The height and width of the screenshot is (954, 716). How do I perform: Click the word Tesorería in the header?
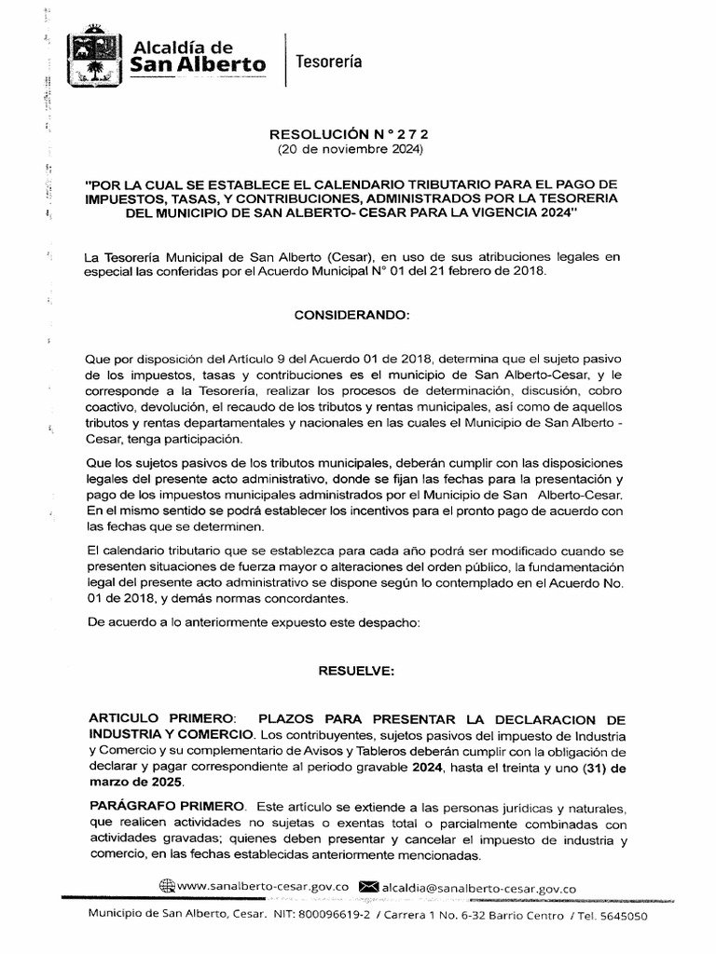(328, 62)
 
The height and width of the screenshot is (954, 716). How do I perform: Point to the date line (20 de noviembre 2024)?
(351, 150)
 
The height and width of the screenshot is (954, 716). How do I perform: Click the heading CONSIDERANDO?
(351, 315)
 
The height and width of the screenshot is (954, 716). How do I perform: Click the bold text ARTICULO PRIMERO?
(162, 720)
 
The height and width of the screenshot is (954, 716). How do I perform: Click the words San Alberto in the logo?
(197, 65)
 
